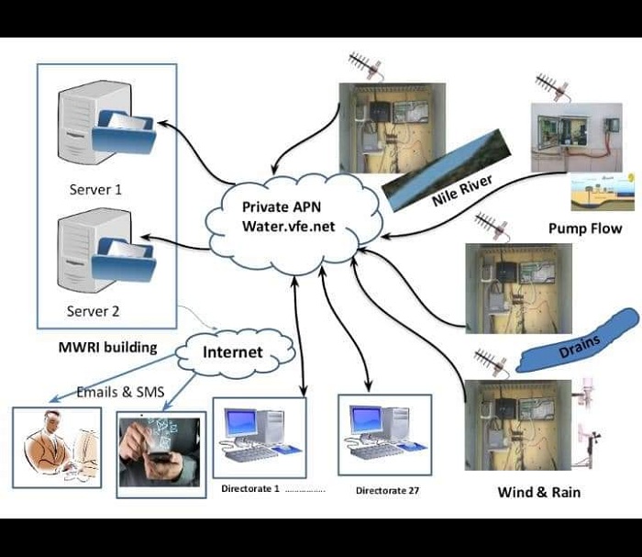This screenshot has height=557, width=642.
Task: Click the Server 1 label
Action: (95, 191)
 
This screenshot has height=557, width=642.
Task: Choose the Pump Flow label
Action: (584, 228)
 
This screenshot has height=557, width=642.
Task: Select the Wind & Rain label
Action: (538, 492)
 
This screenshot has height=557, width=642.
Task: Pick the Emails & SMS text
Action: (120, 393)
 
